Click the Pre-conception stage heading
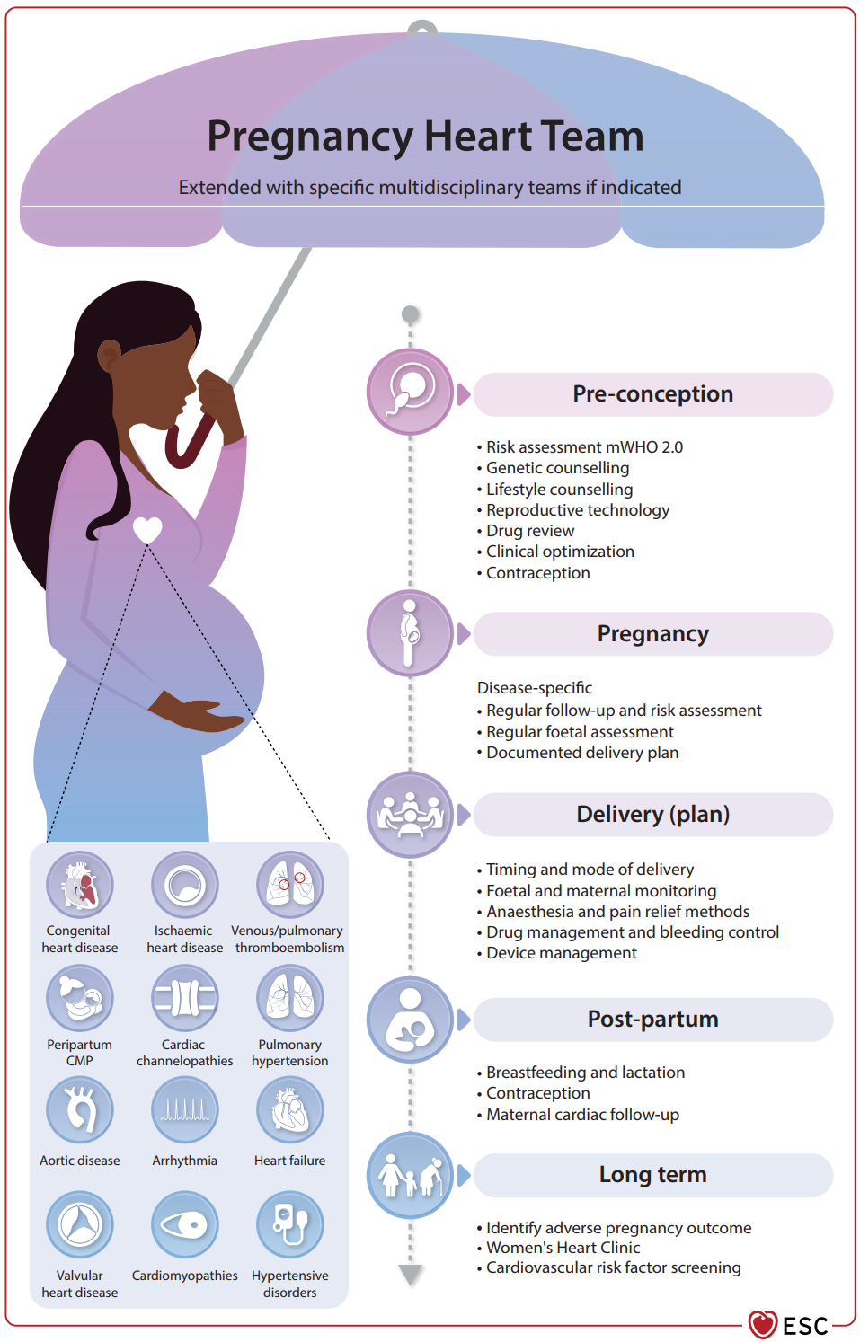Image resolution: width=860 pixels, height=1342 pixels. (652, 394)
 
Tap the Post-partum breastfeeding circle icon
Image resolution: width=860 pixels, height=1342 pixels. (410, 1020)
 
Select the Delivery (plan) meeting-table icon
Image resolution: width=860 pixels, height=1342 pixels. (410, 815)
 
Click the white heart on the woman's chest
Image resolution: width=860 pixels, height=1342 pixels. (147, 530)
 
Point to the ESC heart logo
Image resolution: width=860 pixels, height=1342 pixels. (762, 1324)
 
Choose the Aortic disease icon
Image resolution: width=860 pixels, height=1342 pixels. (80, 1109)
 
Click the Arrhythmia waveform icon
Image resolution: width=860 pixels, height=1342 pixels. (184, 1109)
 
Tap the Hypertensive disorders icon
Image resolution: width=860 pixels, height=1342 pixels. (290, 1224)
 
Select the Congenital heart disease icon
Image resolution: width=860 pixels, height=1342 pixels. (80, 885)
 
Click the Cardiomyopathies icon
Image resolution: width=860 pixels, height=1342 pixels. (184, 1224)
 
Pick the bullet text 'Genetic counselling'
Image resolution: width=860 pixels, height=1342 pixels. (557, 468)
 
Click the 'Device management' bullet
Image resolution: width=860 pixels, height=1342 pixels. (562, 952)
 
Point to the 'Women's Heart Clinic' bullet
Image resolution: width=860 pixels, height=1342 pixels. (563, 1248)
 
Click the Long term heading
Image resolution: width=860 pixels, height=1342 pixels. (652, 1174)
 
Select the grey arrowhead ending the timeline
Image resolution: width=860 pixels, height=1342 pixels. (411, 1275)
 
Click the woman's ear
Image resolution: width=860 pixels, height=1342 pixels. (109, 355)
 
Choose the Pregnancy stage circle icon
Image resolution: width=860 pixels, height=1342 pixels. (410, 634)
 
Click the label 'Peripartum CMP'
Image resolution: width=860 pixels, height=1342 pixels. (80, 1053)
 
